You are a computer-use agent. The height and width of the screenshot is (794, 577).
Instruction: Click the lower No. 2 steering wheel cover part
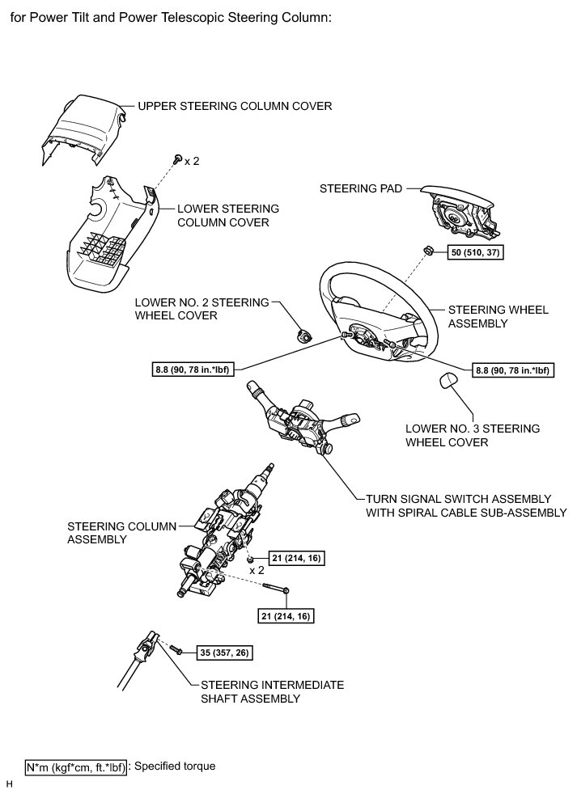tap(305, 333)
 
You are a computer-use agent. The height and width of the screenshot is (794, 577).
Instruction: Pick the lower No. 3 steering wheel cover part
tap(450, 382)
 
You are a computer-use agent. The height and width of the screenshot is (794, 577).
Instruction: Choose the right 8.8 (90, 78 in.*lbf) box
tap(511, 371)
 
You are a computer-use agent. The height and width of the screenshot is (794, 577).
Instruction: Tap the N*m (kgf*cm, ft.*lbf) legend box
tap(76, 767)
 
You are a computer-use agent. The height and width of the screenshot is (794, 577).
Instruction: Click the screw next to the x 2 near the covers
tap(175, 159)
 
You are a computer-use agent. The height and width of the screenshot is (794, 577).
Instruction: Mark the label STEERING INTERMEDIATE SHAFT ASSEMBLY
tap(271, 691)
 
